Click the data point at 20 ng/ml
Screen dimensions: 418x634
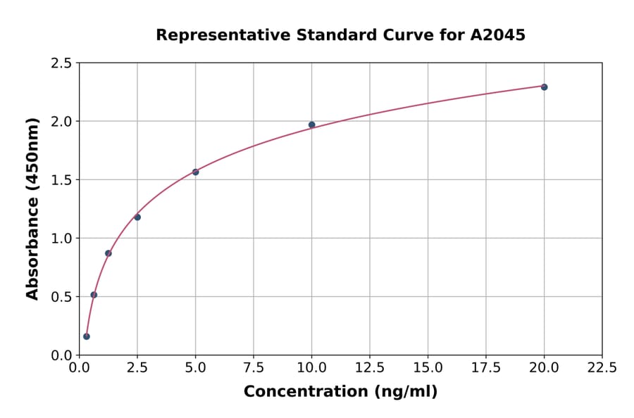pyautogui.click(x=544, y=87)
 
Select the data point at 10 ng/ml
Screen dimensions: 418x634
pyautogui.click(x=312, y=125)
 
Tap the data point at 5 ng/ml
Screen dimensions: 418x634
pyautogui.click(x=196, y=172)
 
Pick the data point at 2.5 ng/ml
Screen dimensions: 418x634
pyautogui.click(x=137, y=217)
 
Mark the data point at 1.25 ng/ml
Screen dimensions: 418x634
pyautogui.click(x=108, y=253)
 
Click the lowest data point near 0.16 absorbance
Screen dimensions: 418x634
pyautogui.click(x=87, y=336)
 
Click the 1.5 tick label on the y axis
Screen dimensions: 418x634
pyautogui.click(x=62, y=180)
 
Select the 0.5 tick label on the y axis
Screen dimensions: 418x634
pyautogui.click(x=62, y=297)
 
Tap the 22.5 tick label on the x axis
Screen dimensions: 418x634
pyautogui.click(x=602, y=368)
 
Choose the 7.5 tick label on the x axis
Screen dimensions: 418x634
pyautogui.click(x=254, y=368)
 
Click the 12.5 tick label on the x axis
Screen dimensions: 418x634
pyautogui.click(x=370, y=368)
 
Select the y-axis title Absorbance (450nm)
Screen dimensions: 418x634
pyautogui.click(x=32, y=208)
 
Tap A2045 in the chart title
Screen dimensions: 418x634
pyautogui.click(x=498, y=34)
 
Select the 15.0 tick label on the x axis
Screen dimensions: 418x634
pyautogui.click(x=428, y=368)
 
